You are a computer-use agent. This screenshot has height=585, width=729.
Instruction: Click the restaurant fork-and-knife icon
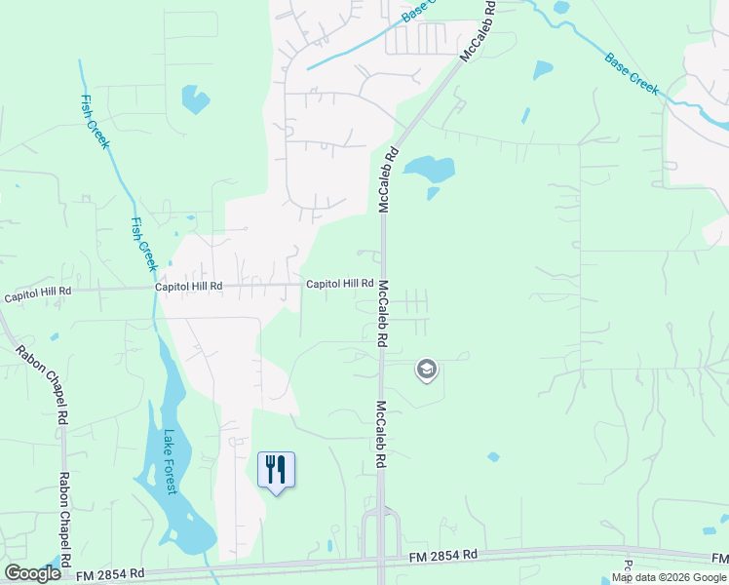[x=276, y=469]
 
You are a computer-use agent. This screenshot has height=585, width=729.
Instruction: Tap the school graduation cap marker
[x=426, y=370]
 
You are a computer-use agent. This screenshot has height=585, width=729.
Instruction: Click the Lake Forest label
[x=172, y=462]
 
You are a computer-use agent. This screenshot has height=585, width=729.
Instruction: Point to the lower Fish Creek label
[x=143, y=243]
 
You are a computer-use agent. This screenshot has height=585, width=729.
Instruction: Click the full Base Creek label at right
[x=632, y=74]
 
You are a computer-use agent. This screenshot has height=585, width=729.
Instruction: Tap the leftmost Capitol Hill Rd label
[x=38, y=293]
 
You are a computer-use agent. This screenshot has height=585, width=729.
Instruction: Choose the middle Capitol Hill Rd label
[x=189, y=287]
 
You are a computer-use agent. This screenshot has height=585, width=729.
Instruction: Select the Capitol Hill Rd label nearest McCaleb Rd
[x=340, y=284]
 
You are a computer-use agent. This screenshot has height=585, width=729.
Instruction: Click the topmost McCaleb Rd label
[x=479, y=32]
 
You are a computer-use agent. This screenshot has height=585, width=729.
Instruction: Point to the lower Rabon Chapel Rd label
[x=65, y=521]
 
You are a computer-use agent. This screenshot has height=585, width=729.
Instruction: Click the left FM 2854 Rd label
[x=111, y=573]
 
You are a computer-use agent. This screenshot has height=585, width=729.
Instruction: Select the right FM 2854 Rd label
[x=443, y=555]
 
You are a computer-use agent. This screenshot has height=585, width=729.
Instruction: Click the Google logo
[x=32, y=573]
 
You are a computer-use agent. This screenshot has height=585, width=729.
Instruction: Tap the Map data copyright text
[x=669, y=577]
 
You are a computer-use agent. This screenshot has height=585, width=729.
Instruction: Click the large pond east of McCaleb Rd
[x=430, y=169]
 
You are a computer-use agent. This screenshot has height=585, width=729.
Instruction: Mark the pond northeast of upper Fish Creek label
[x=195, y=98]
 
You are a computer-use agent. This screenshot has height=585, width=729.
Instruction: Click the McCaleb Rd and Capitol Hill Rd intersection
[x=382, y=285]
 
